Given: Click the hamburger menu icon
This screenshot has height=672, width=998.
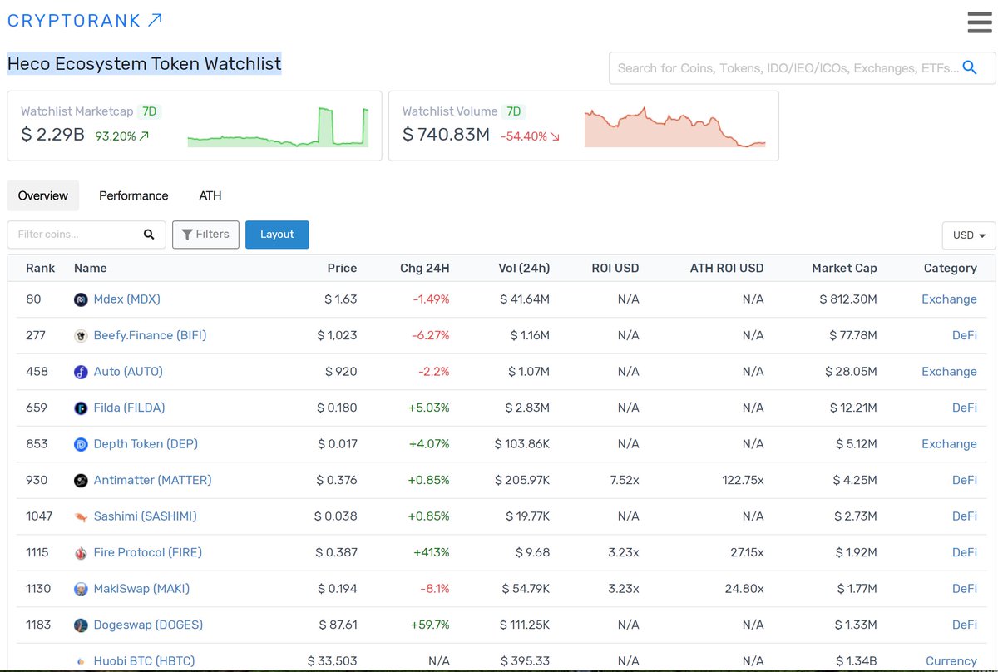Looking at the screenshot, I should pyautogui.click(x=979, y=22).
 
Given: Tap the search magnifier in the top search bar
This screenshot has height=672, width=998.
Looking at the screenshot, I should pyautogui.click(x=970, y=67).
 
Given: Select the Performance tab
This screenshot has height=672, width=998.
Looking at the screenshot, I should pyautogui.click(x=133, y=195).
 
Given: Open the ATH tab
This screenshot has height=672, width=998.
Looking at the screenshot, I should pyautogui.click(x=210, y=195).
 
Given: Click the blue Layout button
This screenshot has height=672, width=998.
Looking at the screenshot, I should pyautogui.click(x=277, y=235).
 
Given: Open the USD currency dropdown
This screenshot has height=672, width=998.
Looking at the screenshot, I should pyautogui.click(x=969, y=235).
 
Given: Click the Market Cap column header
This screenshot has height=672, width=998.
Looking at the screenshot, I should pyautogui.click(x=844, y=268).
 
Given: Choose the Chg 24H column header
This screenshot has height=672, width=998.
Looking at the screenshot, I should pyautogui.click(x=424, y=268).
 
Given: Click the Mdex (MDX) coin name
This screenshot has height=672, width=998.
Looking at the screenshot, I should pyautogui.click(x=126, y=299).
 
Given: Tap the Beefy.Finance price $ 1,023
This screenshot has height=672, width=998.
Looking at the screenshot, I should pyautogui.click(x=337, y=335).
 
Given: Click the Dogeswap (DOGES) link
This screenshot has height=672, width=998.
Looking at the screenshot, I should pyautogui.click(x=148, y=625).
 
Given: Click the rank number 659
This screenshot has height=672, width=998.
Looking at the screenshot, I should pyautogui.click(x=37, y=408).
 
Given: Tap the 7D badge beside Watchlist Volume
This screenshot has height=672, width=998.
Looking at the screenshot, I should pyautogui.click(x=514, y=111).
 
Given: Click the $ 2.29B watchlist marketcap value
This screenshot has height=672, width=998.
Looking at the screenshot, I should pyautogui.click(x=52, y=134).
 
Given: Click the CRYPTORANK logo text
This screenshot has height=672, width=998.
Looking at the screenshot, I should pyautogui.click(x=75, y=21).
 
